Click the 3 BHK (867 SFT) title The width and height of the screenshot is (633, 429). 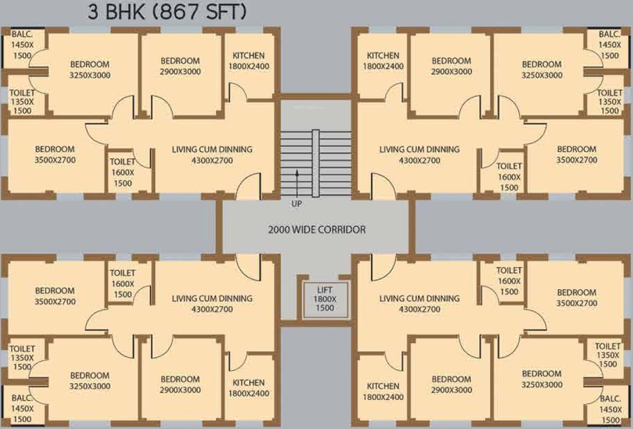[166, 12]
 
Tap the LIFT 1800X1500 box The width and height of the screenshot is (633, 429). [324, 299]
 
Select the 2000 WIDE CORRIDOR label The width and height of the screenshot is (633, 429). [317, 230]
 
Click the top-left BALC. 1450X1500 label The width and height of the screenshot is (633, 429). [21, 45]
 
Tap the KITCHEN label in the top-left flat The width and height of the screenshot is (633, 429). [248, 61]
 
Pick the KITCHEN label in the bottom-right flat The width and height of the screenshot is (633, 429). [382, 392]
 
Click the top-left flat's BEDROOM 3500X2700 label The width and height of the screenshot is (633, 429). [55, 155]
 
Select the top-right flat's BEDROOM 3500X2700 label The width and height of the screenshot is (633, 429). [577, 155]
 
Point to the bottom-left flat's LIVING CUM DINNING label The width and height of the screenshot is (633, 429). [212, 304]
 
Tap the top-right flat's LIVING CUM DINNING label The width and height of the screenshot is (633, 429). [419, 155]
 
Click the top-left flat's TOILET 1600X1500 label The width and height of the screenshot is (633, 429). [122, 172]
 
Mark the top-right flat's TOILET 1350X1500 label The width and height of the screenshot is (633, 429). [610, 102]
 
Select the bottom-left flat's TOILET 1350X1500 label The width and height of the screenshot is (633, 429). [22, 358]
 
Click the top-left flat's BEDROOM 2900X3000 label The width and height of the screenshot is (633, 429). [180, 66]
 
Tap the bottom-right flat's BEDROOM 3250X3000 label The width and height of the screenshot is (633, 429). [542, 379]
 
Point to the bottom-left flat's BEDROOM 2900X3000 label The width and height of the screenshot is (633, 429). [180, 384]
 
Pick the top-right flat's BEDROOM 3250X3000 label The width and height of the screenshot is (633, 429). [542, 70]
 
